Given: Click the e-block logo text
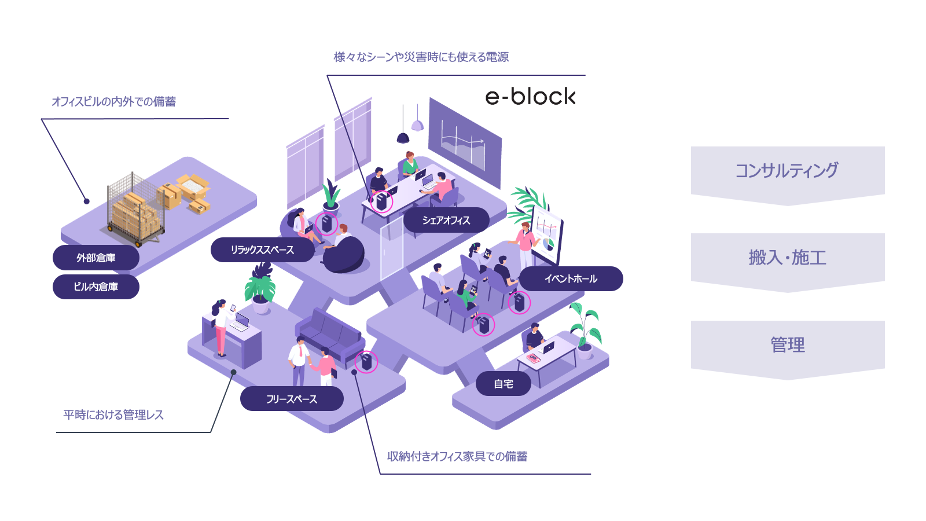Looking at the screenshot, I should (x=530, y=97).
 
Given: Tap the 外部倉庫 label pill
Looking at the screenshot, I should (x=96, y=258).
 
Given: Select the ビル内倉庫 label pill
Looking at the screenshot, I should (x=96, y=287).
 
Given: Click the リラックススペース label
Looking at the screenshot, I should (x=262, y=250).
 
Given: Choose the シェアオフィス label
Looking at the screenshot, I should (x=446, y=220).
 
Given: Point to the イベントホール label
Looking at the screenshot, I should (x=571, y=278).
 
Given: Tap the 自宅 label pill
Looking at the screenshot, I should (x=503, y=384).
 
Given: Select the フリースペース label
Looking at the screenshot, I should (x=292, y=399).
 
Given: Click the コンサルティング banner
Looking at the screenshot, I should (x=787, y=171).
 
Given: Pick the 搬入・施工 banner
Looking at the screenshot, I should (x=787, y=258).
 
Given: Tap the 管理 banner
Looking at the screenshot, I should (x=787, y=346).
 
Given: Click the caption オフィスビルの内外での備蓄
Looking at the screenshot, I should (x=114, y=102).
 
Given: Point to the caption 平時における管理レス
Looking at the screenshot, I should (x=113, y=414).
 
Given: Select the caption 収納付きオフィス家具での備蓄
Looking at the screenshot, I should (x=457, y=456).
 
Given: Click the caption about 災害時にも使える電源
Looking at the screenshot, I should (x=421, y=57).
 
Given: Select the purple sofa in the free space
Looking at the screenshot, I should (x=329, y=336).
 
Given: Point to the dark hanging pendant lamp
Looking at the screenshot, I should (x=403, y=137).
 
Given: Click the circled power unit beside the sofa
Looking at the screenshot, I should (x=366, y=362).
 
